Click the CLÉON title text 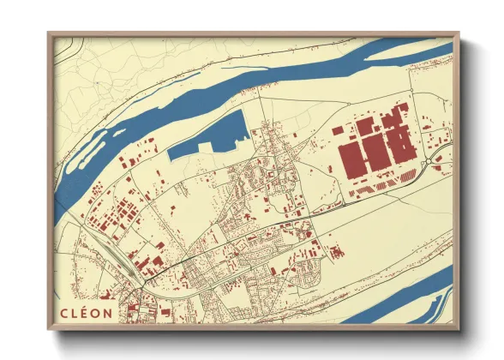[86, 311]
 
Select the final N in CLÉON [107, 311]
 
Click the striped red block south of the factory [377, 186]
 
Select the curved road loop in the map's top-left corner [69, 53]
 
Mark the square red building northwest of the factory [338, 129]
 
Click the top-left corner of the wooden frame [50, 34]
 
